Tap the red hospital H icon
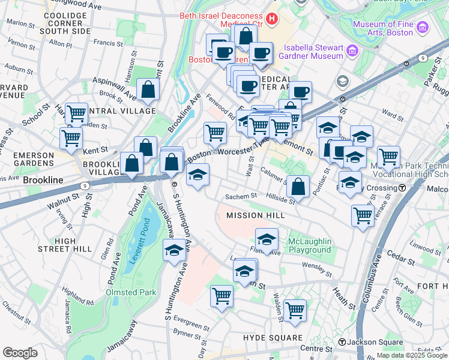tap(272, 19)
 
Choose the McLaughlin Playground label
tap(309, 245)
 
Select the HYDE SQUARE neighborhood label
tap(267, 338)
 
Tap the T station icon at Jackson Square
tap(342, 342)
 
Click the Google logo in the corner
tap(20, 353)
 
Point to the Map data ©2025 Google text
tap(412, 355)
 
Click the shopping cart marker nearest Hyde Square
tap(295, 310)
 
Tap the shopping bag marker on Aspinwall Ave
tap(147, 90)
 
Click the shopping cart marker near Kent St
tap(71, 137)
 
